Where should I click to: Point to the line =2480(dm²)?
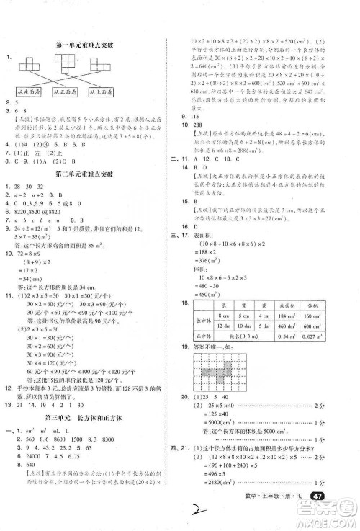220,493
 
